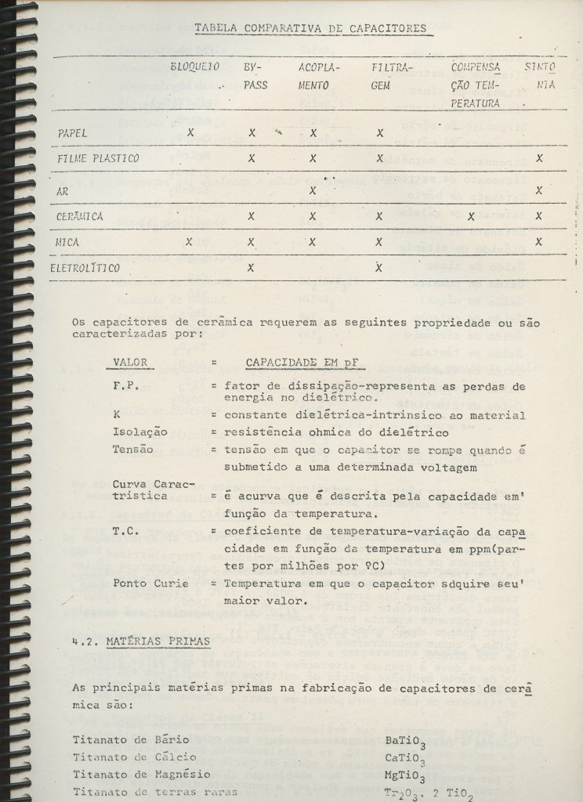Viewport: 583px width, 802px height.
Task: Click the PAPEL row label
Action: coord(73,132)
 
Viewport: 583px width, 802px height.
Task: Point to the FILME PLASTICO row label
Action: coord(98,159)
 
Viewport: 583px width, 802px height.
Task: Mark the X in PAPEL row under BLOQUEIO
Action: coord(190,132)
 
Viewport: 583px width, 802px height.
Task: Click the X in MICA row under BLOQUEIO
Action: coord(188,241)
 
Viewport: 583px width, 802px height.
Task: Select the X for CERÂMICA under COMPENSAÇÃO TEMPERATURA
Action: coord(471,215)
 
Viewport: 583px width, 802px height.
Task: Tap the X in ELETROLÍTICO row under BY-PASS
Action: coord(252,267)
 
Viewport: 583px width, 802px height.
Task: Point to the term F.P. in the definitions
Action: coord(125,386)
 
